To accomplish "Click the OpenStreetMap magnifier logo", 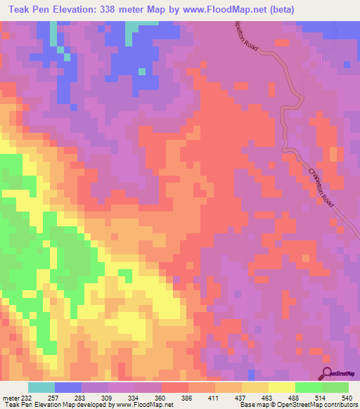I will click(328, 374).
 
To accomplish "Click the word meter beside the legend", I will click(12, 397).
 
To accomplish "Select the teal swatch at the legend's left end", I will click(41, 387).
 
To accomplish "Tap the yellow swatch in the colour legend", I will click(282, 387).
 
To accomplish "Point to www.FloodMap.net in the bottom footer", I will click(145, 405).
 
